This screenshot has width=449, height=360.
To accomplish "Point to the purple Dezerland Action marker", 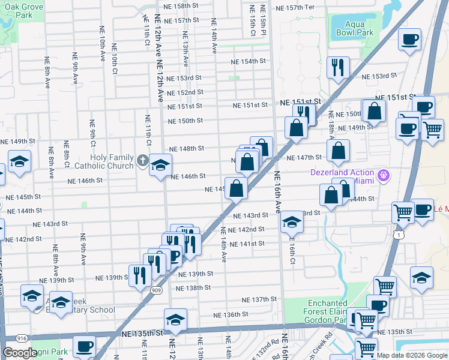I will tap(385, 176).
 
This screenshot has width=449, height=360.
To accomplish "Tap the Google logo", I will tap(20, 353).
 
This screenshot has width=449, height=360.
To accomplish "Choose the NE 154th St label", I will tap(249, 61).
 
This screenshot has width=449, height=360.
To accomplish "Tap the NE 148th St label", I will tap(187, 148).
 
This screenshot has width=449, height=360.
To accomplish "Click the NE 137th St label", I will tap(259, 299).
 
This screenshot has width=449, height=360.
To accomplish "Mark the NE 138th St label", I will tap(194, 287).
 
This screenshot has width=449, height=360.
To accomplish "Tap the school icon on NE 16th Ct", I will tap(292, 223).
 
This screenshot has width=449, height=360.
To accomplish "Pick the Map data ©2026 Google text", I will tap(412, 355).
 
